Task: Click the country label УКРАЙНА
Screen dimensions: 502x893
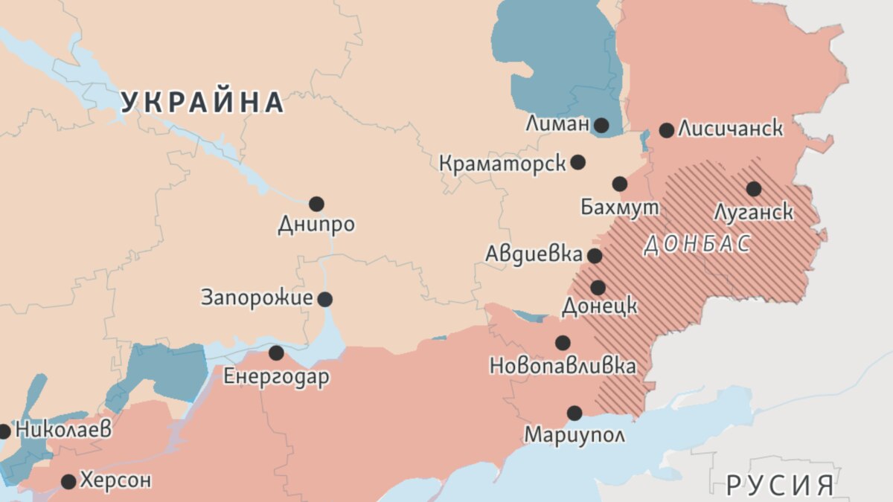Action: coord(202,102)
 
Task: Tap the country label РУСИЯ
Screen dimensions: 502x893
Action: coord(780,485)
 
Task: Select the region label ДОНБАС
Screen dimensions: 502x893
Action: coord(697,245)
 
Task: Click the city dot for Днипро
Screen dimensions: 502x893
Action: coord(316,204)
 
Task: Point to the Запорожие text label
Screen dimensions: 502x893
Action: coord(257,299)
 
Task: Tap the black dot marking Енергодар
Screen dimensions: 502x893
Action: coord(276,353)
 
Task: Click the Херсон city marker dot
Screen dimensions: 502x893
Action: coord(68,481)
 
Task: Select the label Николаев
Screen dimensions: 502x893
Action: coord(63,430)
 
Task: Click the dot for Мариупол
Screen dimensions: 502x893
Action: coord(574,413)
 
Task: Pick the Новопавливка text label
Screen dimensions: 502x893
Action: coord(563,366)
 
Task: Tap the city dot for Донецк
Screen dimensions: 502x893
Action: coord(598,287)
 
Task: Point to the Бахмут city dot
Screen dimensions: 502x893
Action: coord(620,184)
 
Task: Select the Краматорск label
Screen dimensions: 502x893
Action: coord(502,163)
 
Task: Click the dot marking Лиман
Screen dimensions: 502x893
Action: coord(601,125)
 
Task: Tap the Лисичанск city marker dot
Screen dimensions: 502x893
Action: coord(667,130)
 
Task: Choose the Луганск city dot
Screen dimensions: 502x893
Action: coord(754,189)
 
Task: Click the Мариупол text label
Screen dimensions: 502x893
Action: coord(574,434)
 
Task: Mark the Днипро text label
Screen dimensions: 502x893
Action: coord(316,225)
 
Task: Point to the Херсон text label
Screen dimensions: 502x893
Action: coord(115,480)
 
